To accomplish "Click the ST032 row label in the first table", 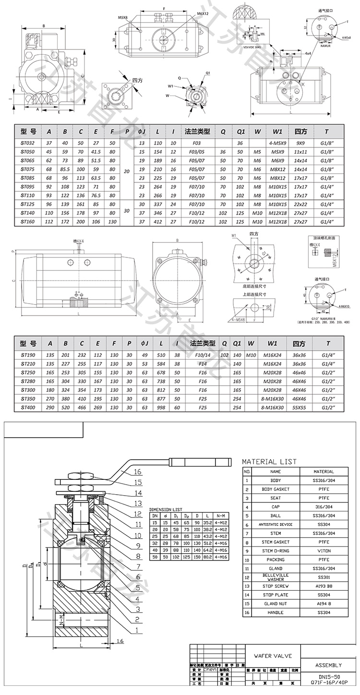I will [28, 143].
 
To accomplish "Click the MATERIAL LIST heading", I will [269, 462].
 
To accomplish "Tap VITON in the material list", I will [324, 550].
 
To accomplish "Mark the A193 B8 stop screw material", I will [324, 586].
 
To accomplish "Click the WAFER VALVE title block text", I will [269, 656].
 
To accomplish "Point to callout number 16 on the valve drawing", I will [138, 472].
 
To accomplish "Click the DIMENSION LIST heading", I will [166, 509].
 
